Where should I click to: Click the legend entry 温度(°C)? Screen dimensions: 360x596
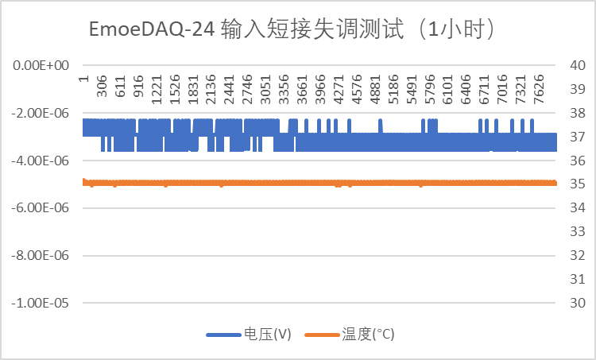click(x=368, y=335)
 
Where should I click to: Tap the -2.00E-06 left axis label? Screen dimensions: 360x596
click(x=40, y=113)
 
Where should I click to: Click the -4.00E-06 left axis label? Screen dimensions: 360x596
click(x=40, y=161)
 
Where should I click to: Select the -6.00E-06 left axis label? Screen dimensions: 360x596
click(x=40, y=208)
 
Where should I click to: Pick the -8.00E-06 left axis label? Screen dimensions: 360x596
click(x=40, y=256)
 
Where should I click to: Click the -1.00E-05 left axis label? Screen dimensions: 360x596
click(x=40, y=304)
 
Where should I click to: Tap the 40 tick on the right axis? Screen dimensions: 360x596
click(x=578, y=65)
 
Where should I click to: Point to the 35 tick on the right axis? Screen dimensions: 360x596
click(x=578, y=184)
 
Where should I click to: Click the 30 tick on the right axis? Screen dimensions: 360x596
click(x=578, y=304)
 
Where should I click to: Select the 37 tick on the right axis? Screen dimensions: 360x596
click(x=578, y=137)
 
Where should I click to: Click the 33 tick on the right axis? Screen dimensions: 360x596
click(x=578, y=232)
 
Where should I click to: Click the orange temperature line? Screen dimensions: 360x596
click(x=318, y=183)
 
